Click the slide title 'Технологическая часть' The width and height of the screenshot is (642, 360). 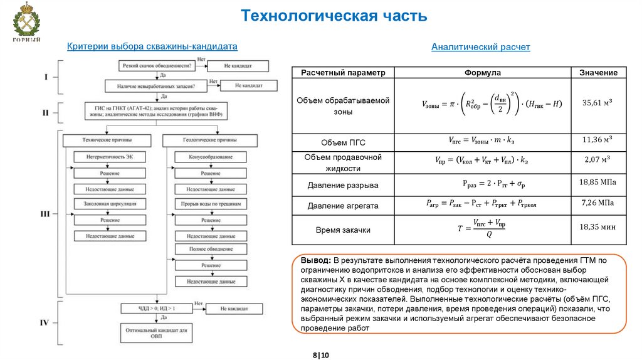(335, 16)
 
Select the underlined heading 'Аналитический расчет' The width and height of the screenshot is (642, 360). (480, 47)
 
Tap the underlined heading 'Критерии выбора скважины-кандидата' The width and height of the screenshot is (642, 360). (152, 46)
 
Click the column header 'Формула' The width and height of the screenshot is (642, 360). (482, 73)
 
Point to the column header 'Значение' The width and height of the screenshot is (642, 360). (598, 73)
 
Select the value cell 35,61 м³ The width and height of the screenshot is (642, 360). (597, 103)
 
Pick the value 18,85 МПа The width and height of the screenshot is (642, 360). (597, 183)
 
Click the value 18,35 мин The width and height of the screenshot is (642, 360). (597, 228)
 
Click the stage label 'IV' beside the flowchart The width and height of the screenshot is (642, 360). (45, 323)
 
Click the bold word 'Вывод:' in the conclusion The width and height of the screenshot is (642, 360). (316, 260)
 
